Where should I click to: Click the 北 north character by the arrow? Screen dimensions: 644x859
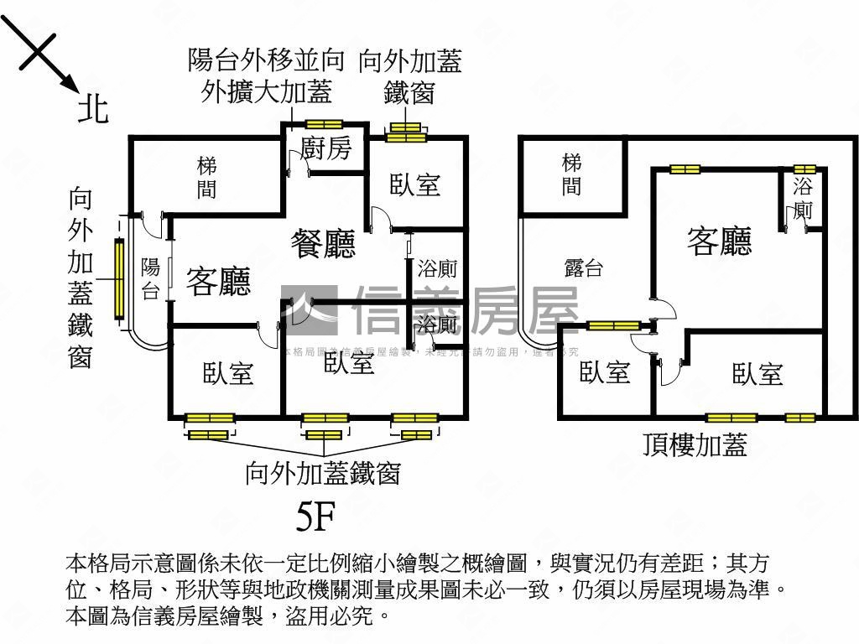[93, 108]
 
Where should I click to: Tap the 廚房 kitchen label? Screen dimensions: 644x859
[325, 149]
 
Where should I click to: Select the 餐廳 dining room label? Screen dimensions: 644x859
[323, 243]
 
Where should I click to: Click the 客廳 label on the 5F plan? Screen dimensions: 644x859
[218, 281]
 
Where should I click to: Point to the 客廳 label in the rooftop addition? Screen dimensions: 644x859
[719, 241]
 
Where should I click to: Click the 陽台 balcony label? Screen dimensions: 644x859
[150, 279]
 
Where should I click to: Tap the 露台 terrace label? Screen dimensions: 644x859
[583, 268]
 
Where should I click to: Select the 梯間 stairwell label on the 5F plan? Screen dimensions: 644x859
[206, 177]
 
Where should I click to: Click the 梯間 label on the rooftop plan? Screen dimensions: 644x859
[571, 174]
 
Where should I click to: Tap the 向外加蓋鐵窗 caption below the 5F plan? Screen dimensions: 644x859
[322, 474]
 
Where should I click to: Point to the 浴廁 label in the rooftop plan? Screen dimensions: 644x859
[803, 197]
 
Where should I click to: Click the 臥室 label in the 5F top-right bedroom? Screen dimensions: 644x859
[415, 184]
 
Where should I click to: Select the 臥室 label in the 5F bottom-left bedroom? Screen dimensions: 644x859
[228, 373]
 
